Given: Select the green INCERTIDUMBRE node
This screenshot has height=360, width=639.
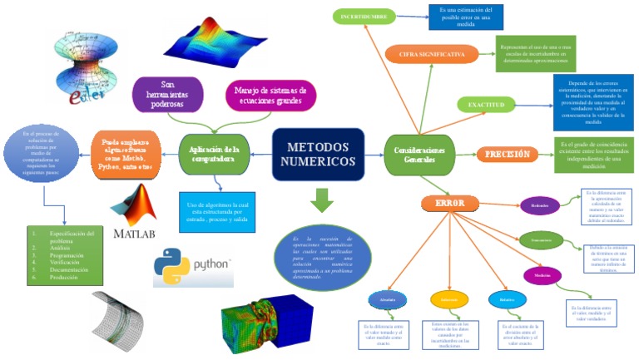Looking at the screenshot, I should (x=364, y=16).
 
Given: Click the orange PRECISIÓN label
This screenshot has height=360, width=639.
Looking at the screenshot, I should (x=508, y=154).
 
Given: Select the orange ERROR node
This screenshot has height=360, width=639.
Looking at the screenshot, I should (x=449, y=203).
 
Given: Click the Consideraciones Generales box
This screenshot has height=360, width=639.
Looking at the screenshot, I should (x=419, y=154).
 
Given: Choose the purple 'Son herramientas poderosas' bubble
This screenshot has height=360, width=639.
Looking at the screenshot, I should (x=168, y=94).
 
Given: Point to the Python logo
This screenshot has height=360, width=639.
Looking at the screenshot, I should (x=192, y=263).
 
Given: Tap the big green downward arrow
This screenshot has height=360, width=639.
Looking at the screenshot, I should (x=319, y=200).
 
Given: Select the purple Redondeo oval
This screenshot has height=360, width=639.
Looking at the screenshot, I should (x=539, y=205).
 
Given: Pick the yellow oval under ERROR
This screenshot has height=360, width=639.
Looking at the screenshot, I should (x=449, y=299).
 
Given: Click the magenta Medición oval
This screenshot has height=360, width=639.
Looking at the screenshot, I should (x=542, y=276).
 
